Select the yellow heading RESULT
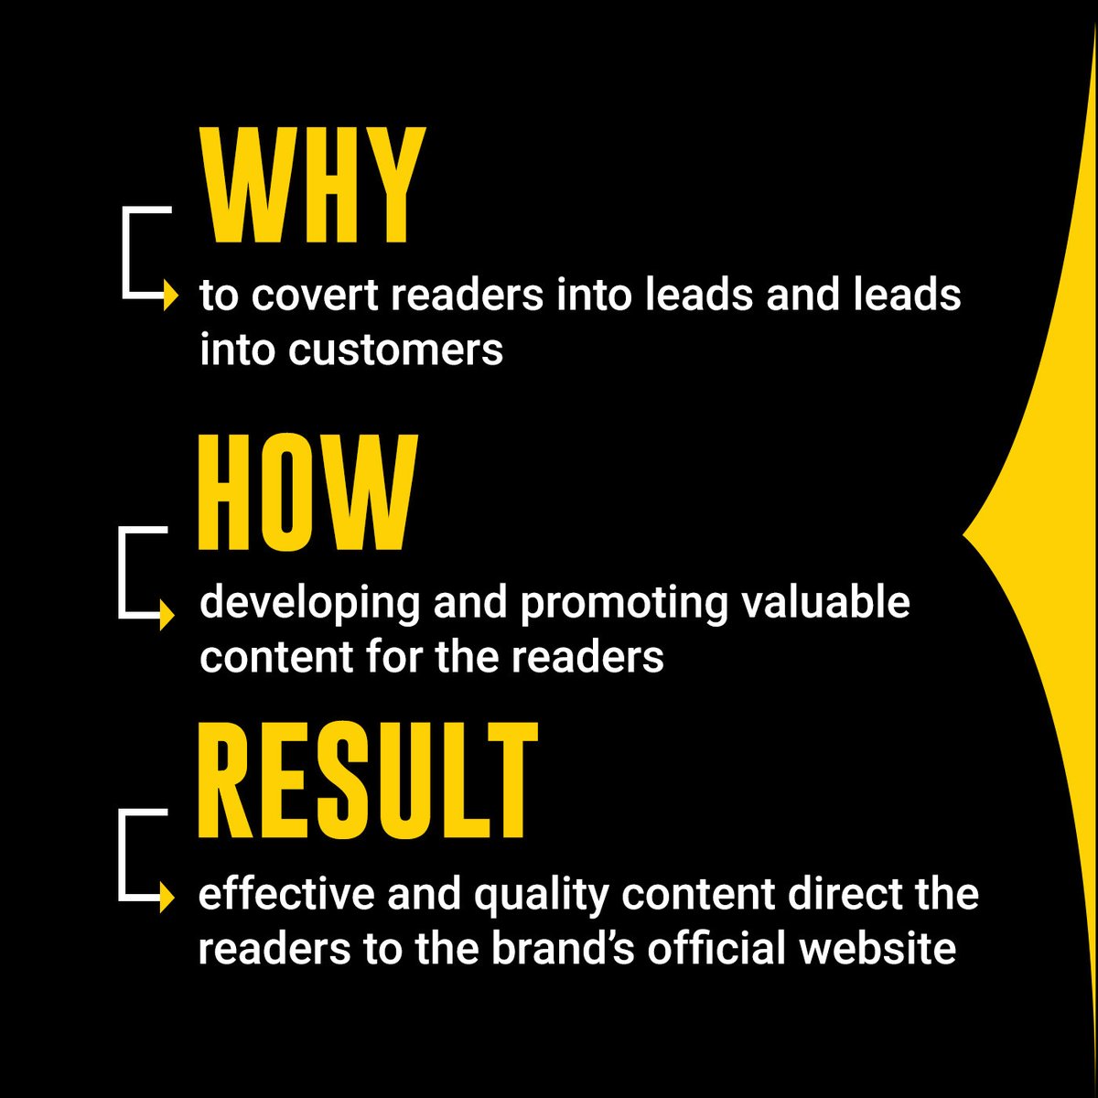point(367,780)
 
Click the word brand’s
point(563,949)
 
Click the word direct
point(846,894)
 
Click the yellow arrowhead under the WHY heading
point(169,296)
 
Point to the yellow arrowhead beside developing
point(167,615)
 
